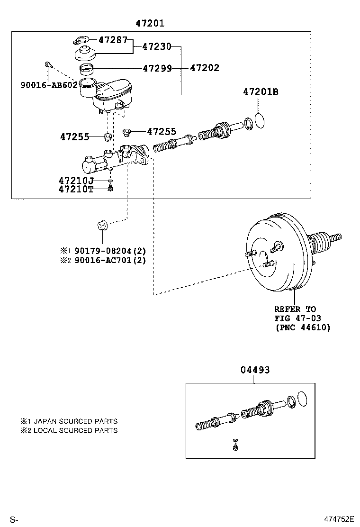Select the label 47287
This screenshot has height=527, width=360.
[x=113, y=40]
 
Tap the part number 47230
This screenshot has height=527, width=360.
[x=157, y=46]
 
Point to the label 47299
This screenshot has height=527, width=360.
[x=157, y=68]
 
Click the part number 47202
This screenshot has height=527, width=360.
[x=205, y=68]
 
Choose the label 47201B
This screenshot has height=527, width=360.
[x=261, y=92]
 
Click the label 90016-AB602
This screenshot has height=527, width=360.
[x=49, y=85]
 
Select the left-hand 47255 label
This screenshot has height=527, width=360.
[x=75, y=137]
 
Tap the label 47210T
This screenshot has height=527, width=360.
[x=76, y=189]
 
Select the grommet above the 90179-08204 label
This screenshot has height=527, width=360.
[x=103, y=224]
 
